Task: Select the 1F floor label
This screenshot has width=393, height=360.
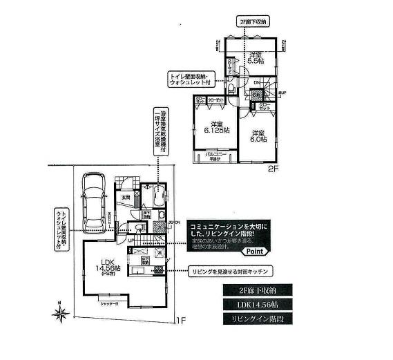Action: (181, 321)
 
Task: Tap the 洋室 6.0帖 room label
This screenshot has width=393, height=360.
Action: (259, 136)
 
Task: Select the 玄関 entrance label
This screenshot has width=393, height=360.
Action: (126, 198)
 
